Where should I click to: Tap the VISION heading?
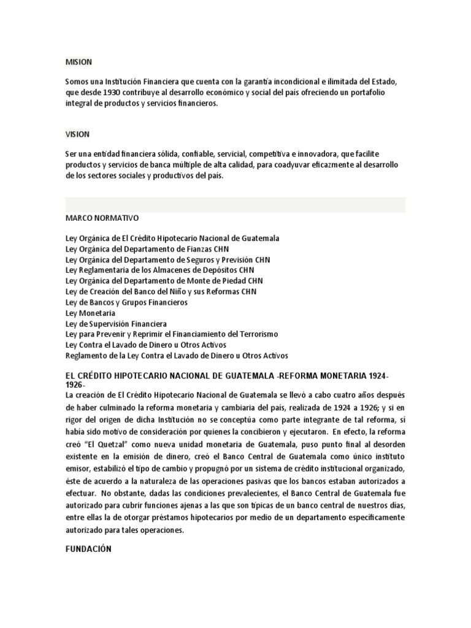(x=77, y=134)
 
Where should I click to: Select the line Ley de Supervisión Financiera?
(x=116, y=324)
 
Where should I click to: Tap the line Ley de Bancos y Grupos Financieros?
(x=126, y=302)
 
